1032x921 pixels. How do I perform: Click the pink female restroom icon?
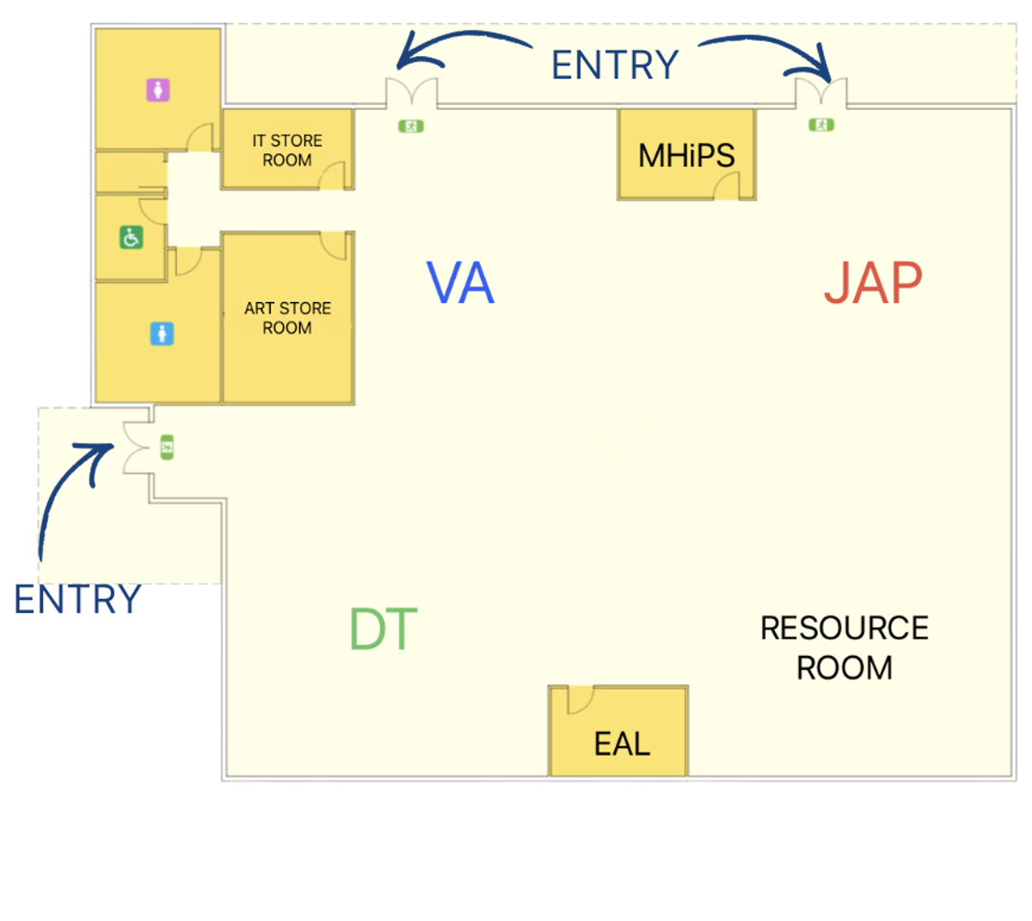click(157, 90)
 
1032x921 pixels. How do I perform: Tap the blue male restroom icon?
click(162, 333)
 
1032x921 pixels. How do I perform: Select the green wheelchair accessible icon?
click(131, 237)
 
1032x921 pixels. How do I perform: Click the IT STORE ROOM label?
click(287, 151)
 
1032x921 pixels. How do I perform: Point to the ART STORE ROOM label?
click(287, 318)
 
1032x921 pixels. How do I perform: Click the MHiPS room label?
click(686, 156)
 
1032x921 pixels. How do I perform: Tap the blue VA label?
click(461, 283)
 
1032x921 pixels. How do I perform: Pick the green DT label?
click(384, 629)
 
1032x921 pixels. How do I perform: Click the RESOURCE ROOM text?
click(845, 647)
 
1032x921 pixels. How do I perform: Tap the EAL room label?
click(622, 744)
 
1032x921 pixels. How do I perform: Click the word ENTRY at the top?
click(615, 65)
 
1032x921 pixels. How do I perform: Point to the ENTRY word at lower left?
click(77, 599)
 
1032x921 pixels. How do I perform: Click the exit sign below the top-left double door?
click(411, 126)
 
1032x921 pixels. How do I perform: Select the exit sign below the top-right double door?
click(821, 125)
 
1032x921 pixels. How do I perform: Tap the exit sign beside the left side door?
click(167, 448)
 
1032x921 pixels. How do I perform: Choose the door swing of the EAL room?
click(579, 700)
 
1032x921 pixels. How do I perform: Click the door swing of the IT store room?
click(333, 176)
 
